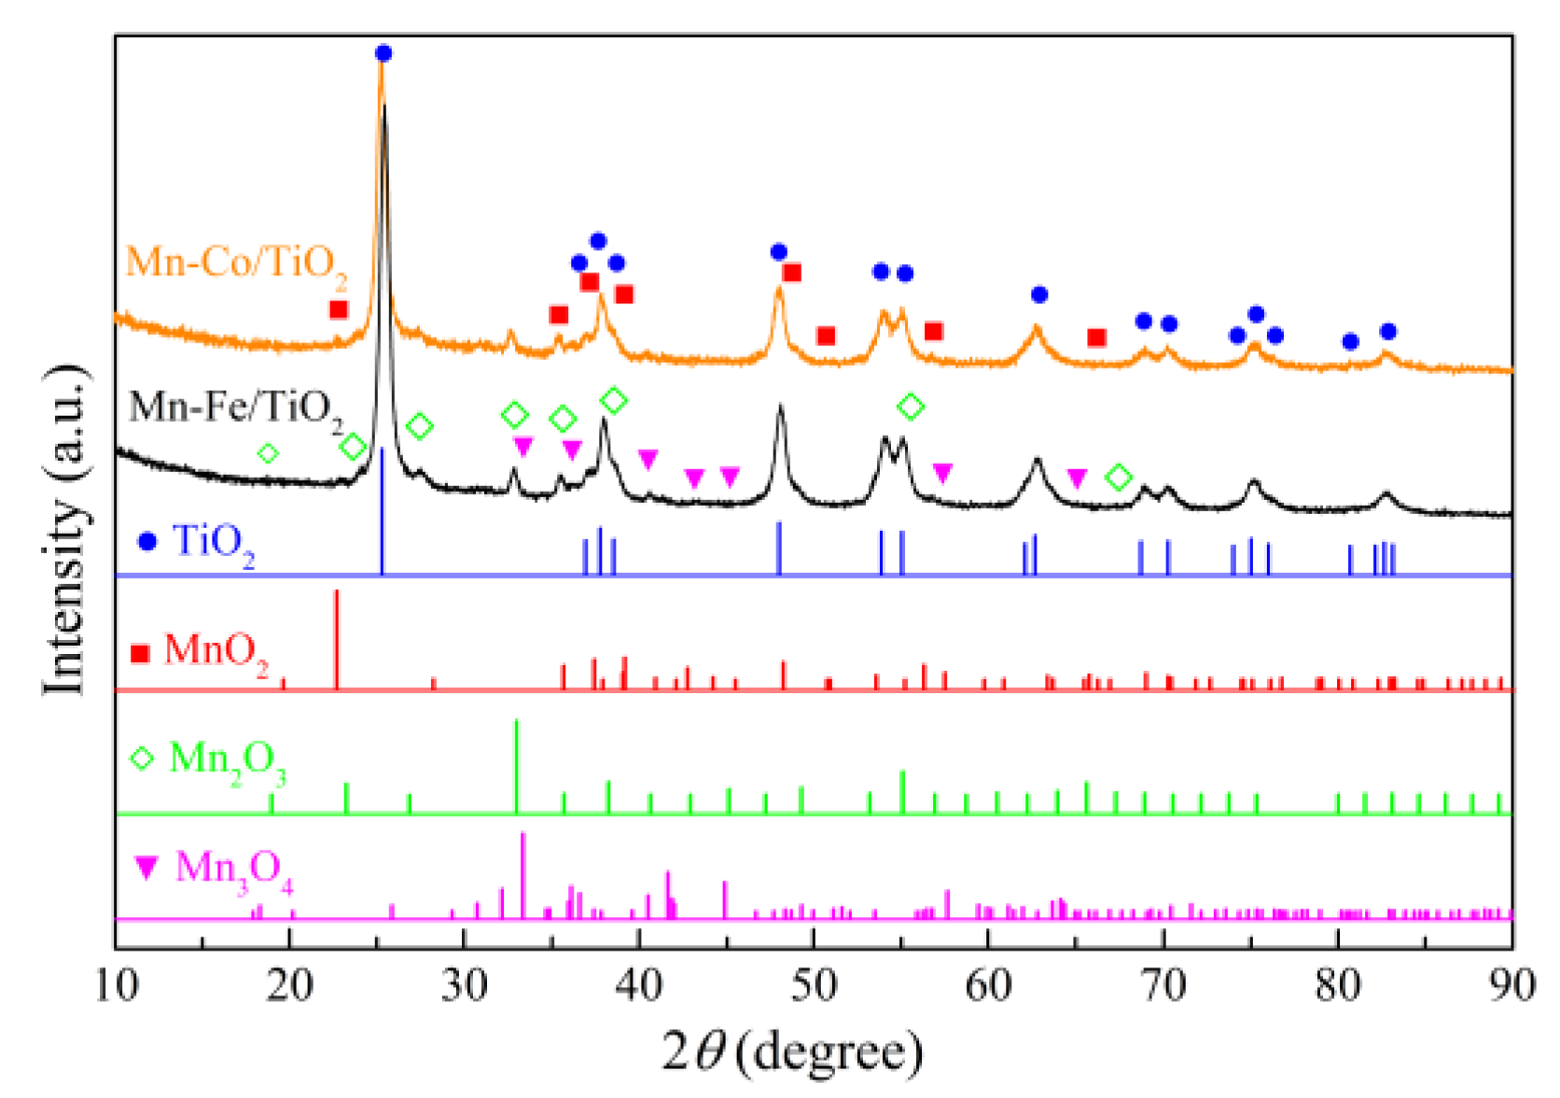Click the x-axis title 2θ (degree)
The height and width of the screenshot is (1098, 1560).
coord(793,1052)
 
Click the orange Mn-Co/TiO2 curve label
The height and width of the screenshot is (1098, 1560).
coord(236,263)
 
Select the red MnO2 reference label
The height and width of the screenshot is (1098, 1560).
coord(216,651)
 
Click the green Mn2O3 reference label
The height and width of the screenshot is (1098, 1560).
coord(227,760)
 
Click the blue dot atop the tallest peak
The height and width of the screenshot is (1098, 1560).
coord(383,54)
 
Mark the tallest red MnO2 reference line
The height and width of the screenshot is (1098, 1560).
coord(336,640)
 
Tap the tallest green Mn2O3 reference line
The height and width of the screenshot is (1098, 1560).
coord(516,767)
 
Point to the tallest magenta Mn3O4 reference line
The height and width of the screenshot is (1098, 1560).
coord(522,875)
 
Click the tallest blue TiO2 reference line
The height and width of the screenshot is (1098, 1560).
coord(383,511)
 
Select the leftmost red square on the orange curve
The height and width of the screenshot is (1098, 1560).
coord(339,309)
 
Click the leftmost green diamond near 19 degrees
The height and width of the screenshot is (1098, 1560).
coord(268,453)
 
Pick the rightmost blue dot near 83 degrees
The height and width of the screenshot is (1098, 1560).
coord(1388,331)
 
